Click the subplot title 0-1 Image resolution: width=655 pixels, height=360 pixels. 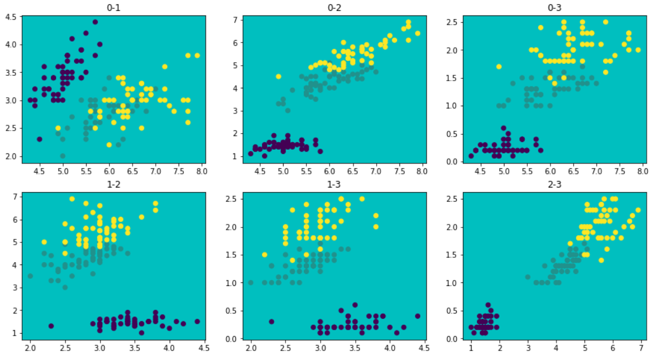(x=113, y=8)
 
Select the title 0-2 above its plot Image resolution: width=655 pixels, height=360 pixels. (x=335, y=8)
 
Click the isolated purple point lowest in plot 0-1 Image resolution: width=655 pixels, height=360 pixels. (x=39, y=139)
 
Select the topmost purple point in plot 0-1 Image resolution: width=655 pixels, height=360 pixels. (x=95, y=22)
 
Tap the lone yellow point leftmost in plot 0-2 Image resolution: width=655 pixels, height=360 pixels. (x=278, y=76)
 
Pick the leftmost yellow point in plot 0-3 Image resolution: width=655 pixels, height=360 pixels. (x=499, y=66)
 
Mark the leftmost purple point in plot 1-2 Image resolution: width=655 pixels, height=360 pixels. (x=51, y=326)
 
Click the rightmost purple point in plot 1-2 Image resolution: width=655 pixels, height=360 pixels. (x=197, y=321)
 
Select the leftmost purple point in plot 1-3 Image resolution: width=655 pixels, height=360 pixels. (x=272, y=321)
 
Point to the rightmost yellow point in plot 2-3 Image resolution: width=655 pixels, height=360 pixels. (x=638, y=210)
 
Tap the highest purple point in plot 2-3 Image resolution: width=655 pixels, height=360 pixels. (x=488, y=304)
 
